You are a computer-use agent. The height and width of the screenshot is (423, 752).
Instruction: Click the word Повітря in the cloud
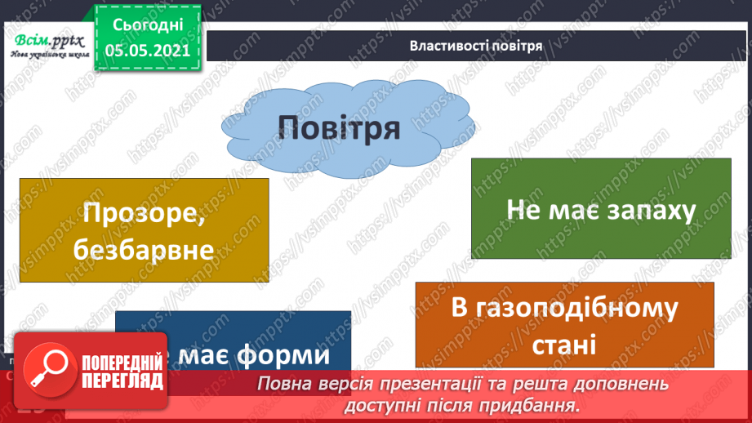coord(338,127)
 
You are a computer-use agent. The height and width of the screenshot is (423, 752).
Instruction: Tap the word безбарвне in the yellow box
coord(143,249)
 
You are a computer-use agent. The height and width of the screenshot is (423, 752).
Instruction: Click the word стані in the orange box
coord(564,344)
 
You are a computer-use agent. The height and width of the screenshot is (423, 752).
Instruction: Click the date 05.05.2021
coord(148,50)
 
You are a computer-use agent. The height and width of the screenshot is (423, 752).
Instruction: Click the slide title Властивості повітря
coord(476,46)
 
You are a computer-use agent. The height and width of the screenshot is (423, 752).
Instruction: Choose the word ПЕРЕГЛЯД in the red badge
coord(122,381)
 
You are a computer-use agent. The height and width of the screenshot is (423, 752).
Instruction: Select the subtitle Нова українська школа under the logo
coord(48,56)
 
